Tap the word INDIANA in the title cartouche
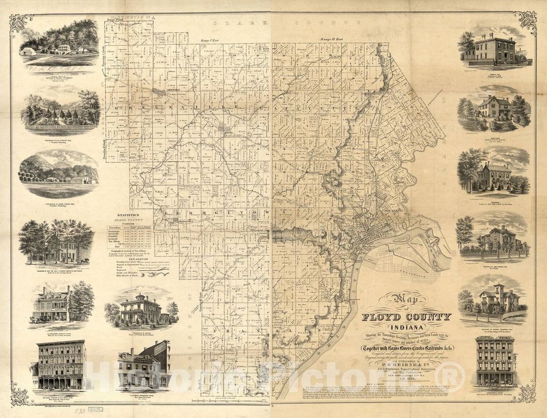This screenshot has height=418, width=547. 406,326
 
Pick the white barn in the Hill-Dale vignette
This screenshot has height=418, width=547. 28,51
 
